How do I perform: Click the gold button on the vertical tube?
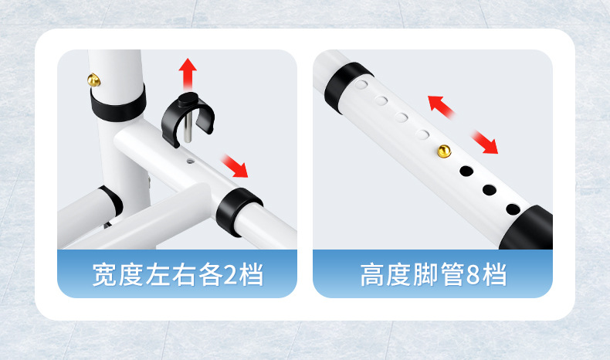tap(93, 80)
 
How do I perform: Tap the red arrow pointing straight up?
tap(188, 75)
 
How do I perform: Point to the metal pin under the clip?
tap(188, 127)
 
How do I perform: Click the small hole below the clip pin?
tap(190, 161)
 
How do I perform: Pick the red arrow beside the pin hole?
tap(235, 166)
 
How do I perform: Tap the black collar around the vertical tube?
tap(118, 104)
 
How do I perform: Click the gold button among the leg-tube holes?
tap(444, 151)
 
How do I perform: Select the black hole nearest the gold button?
tap(466, 171)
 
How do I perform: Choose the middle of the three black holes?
tap(489, 190)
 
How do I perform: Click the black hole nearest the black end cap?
tap(513, 210)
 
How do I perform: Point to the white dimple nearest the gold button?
tap(422, 134)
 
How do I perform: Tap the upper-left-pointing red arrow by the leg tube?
tap(442, 107)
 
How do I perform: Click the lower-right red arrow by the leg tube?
tap(484, 142)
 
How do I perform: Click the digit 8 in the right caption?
tap(473, 275)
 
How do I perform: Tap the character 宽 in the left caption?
tap(105, 275)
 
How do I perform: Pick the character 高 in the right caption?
tap(372, 275)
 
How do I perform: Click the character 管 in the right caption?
tap(452, 275)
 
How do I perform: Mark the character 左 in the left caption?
tap(158, 275)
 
